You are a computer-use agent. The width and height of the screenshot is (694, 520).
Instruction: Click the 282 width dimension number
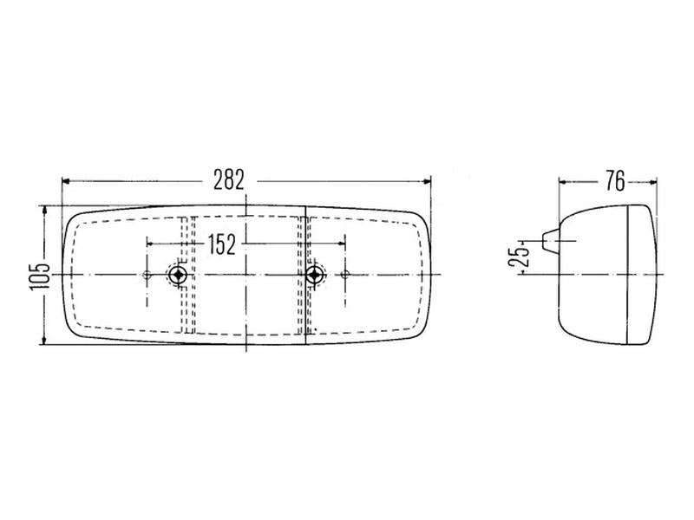229,180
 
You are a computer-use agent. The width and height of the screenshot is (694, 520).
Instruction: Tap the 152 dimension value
222,245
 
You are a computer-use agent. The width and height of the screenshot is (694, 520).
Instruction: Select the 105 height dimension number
40,277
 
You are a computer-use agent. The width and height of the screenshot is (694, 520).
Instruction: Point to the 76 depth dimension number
615,181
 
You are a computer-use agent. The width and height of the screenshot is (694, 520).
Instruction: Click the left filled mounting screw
178,275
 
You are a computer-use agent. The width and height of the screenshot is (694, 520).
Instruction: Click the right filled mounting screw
314,275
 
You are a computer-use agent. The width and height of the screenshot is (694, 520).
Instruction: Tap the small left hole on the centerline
147,275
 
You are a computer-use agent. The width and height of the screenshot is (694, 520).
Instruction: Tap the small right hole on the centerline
345,275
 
